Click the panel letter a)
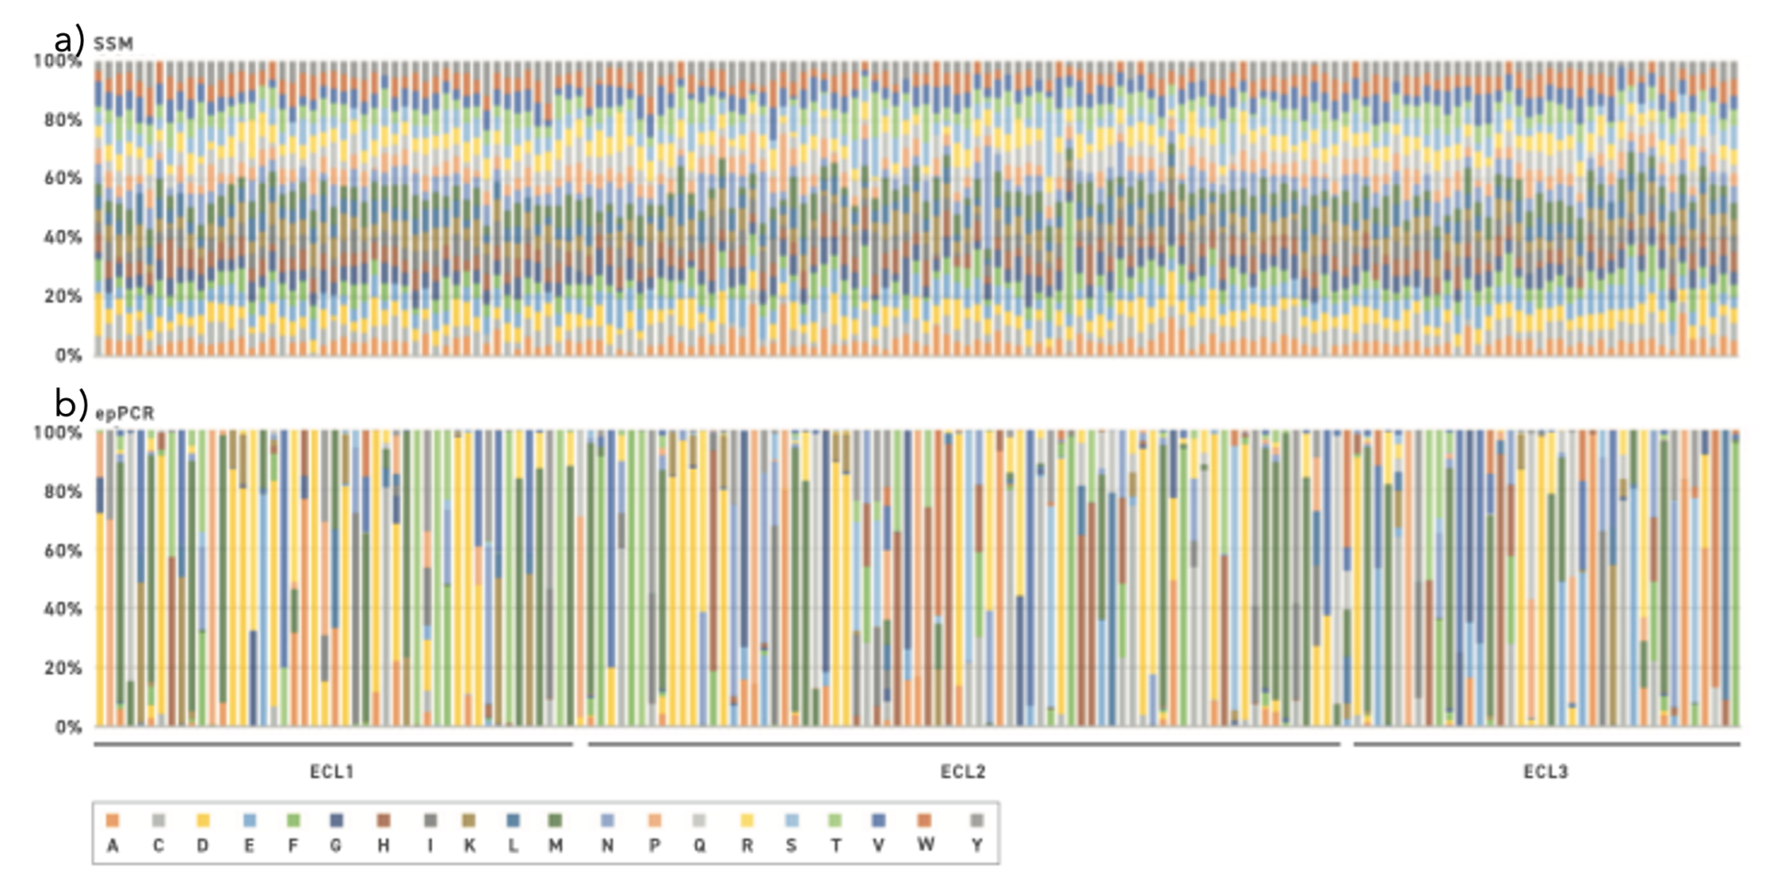(x=69, y=41)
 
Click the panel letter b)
(x=71, y=404)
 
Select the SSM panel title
(x=113, y=43)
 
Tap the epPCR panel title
(x=124, y=413)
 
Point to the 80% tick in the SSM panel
(x=63, y=120)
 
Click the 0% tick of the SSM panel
(x=68, y=355)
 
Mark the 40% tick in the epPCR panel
(x=63, y=608)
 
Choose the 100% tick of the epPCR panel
(x=58, y=432)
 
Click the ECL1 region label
(x=332, y=772)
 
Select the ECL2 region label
(x=963, y=772)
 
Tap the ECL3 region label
(x=1545, y=772)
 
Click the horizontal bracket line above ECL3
(x=1546, y=744)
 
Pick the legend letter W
(x=926, y=844)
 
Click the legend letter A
(x=112, y=845)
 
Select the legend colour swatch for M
(x=556, y=820)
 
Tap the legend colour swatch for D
(x=203, y=820)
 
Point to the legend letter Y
(x=977, y=845)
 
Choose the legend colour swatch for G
(x=336, y=820)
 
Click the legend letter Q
(x=700, y=845)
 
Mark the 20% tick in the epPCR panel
(x=63, y=667)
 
